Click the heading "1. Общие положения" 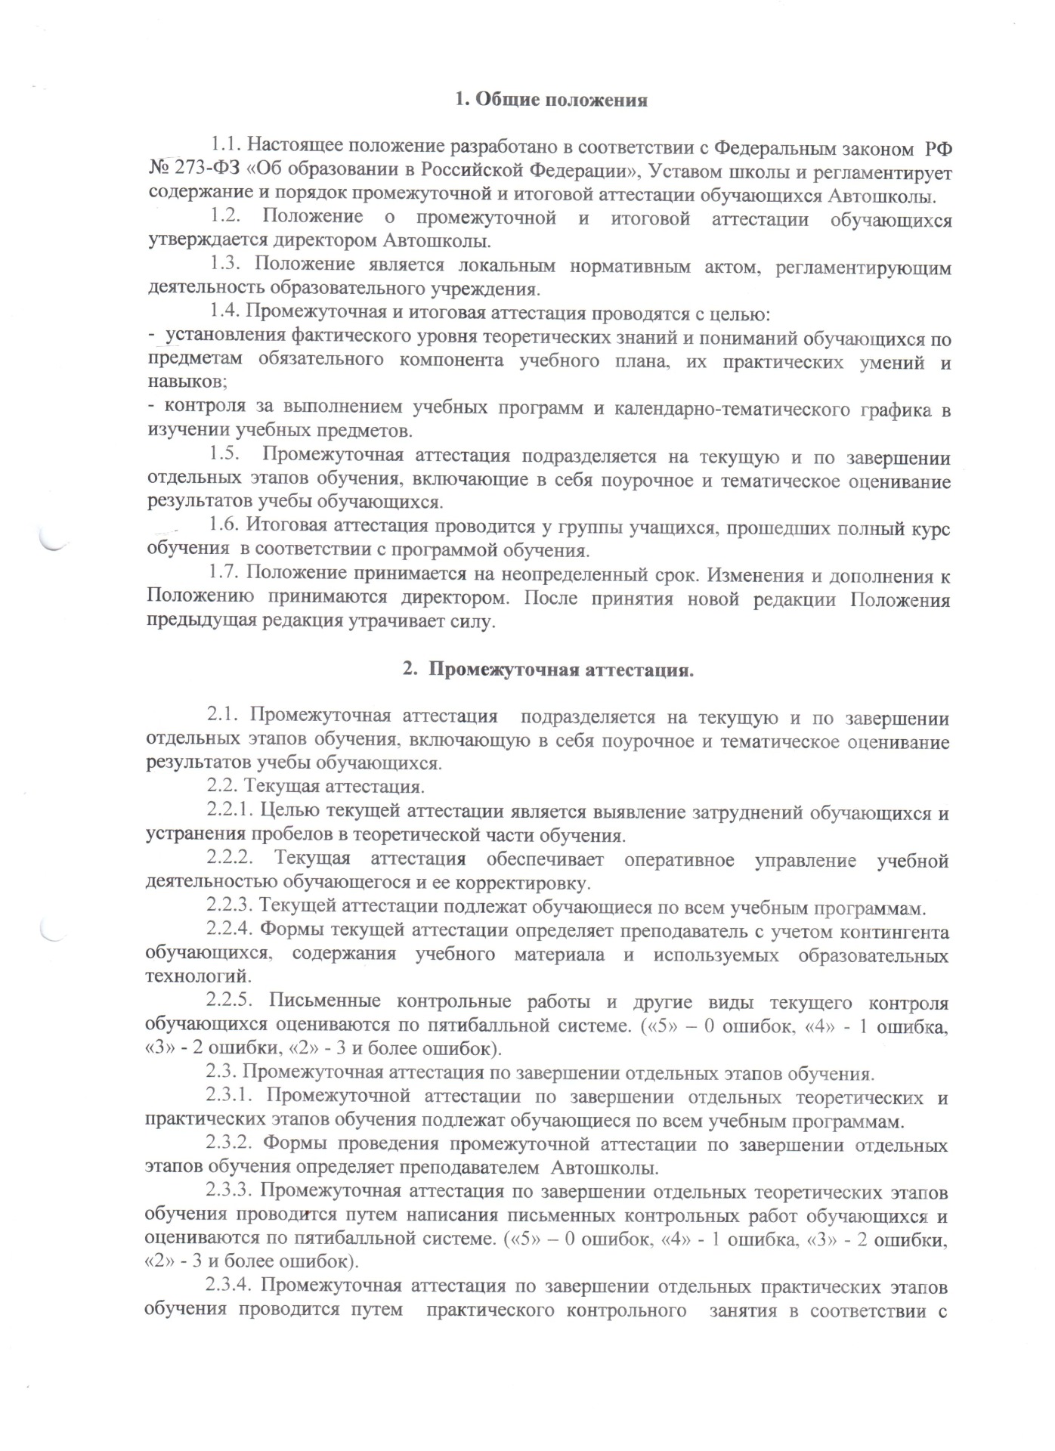[x=552, y=100]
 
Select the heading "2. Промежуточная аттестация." [x=548, y=670]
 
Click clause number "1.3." [x=226, y=265]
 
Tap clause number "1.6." [x=226, y=527]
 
